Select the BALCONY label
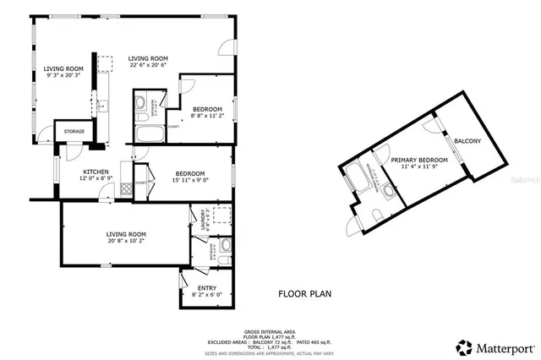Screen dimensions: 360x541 [x=467, y=140]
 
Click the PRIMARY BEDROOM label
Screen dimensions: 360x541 [x=418, y=159]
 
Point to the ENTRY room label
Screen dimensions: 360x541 [x=206, y=288]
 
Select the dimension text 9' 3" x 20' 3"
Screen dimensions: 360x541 [x=63, y=76]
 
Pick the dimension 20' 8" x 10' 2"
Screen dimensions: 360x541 [x=126, y=241]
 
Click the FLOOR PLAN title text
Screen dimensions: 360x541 [x=305, y=294]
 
